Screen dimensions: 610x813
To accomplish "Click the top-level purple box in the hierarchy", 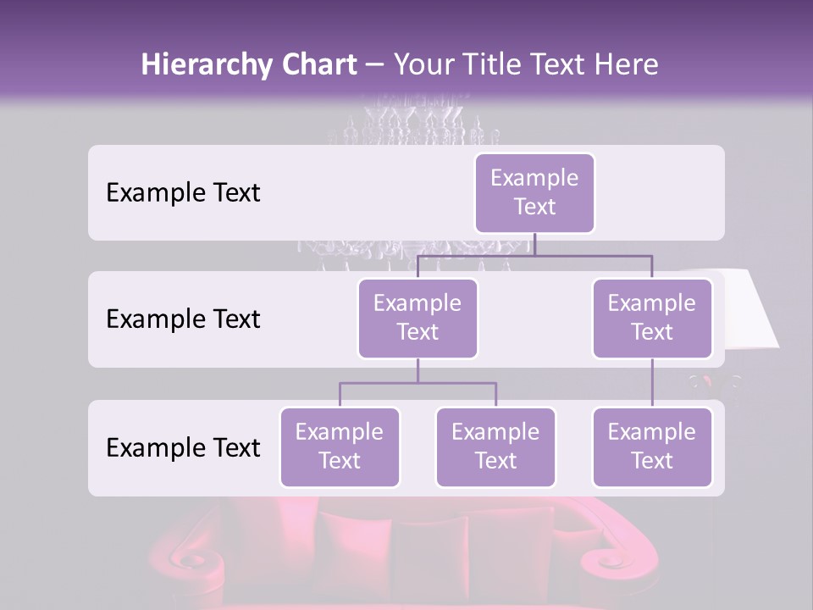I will [534, 192].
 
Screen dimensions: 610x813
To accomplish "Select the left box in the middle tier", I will [418, 318].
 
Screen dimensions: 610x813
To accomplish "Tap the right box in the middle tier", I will [652, 318].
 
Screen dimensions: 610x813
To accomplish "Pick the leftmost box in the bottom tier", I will [340, 446].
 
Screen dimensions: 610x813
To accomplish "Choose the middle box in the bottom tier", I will [495, 446].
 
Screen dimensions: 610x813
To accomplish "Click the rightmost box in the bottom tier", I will [652, 446].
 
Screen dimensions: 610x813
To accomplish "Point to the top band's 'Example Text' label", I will [183, 192].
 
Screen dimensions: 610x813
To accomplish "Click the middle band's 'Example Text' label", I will [183, 319].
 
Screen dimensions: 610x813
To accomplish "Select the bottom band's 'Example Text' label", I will [183, 447].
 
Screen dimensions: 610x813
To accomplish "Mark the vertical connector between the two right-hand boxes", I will [652, 383].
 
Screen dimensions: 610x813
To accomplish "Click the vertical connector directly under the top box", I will [534, 244].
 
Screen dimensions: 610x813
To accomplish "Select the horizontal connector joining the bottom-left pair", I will [418, 383].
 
